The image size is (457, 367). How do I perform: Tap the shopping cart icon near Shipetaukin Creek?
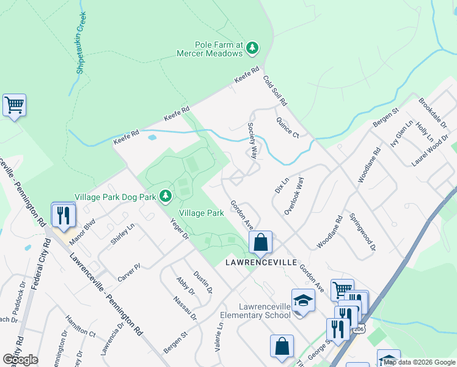[14, 105]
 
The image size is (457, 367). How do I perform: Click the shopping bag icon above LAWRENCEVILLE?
[260, 242]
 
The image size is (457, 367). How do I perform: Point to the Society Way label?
[252, 140]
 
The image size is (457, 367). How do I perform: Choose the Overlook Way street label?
[294, 196]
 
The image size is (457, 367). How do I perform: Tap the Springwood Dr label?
[362, 232]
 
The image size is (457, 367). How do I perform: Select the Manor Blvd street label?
[82, 231]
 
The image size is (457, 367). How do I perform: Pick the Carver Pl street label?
[130, 273]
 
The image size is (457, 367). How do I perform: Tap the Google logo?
[20, 360]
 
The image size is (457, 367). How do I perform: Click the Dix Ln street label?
[281, 186]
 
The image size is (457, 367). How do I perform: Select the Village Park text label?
[201, 213]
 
